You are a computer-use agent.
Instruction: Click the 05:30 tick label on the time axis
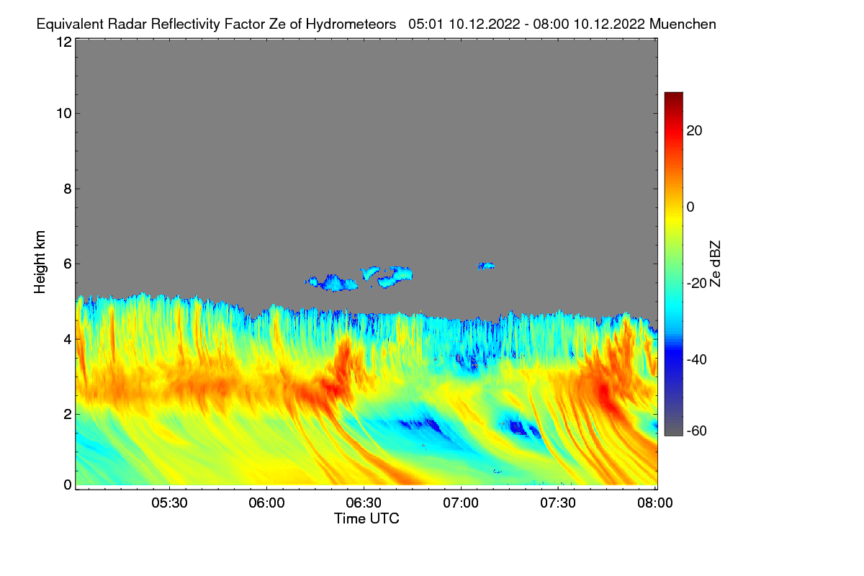(x=169, y=503)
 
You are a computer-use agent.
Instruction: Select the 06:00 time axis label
(x=266, y=503)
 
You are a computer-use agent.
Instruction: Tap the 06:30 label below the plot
(x=364, y=503)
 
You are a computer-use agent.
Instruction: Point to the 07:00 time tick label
(x=461, y=503)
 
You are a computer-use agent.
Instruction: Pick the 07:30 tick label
(x=558, y=503)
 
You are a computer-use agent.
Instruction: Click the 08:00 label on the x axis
(x=654, y=503)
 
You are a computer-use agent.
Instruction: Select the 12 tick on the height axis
(x=63, y=42)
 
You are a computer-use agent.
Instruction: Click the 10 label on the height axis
(x=63, y=113)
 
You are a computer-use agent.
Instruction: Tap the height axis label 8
(x=68, y=189)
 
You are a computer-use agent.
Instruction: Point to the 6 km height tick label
(x=68, y=264)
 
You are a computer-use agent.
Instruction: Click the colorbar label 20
(x=695, y=130)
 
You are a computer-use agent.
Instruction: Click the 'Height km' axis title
(x=40, y=262)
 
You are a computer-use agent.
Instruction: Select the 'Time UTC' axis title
(x=366, y=518)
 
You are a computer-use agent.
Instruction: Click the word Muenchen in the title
(x=683, y=24)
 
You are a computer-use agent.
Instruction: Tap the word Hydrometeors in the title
(x=351, y=24)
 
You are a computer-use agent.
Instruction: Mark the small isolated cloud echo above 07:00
(x=487, y=266)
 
